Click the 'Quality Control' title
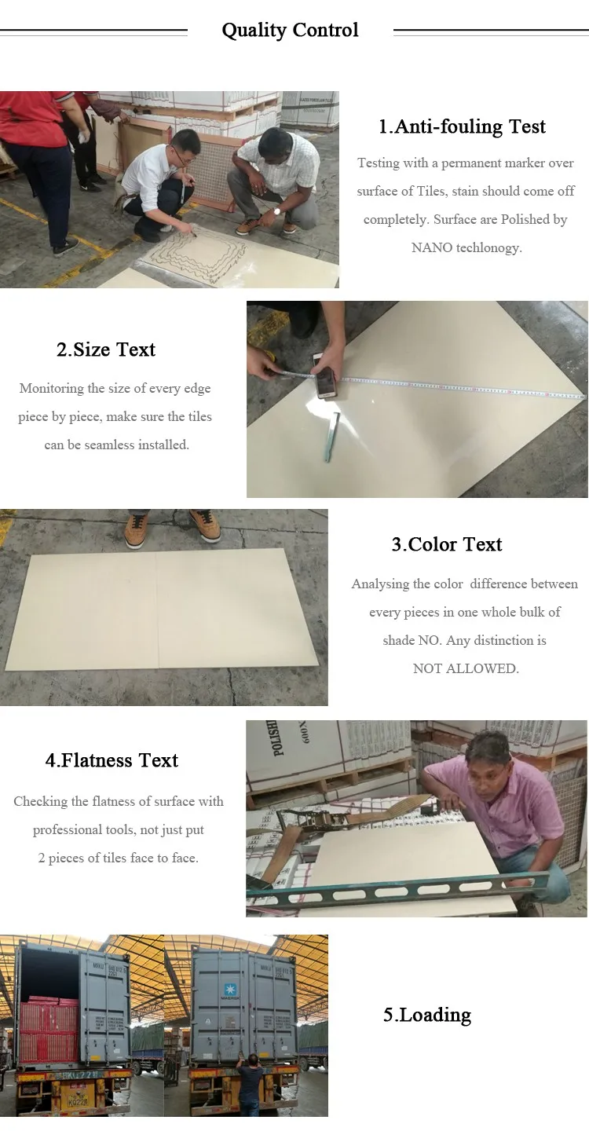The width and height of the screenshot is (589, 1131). click(x=291, y=31)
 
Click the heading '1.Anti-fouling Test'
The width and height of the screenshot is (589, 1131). click(x=462, y=126)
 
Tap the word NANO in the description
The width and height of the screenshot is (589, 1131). click(x=431, y=247)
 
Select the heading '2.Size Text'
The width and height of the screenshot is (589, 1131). click(x=106, y=350)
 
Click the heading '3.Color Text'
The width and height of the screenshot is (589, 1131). click(x=447, y=544)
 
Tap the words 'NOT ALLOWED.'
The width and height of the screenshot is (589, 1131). click(x=466, y=668)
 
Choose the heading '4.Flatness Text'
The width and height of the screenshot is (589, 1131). click(x=112, y=760)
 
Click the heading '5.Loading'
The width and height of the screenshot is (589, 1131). click(x=427, y=1015)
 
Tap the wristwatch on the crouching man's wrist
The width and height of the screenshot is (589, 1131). click(x=276, y=212)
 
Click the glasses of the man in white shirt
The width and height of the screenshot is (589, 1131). click(x=185, y=153)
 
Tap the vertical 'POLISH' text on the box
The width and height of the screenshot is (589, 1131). click(x=273, y=738)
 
